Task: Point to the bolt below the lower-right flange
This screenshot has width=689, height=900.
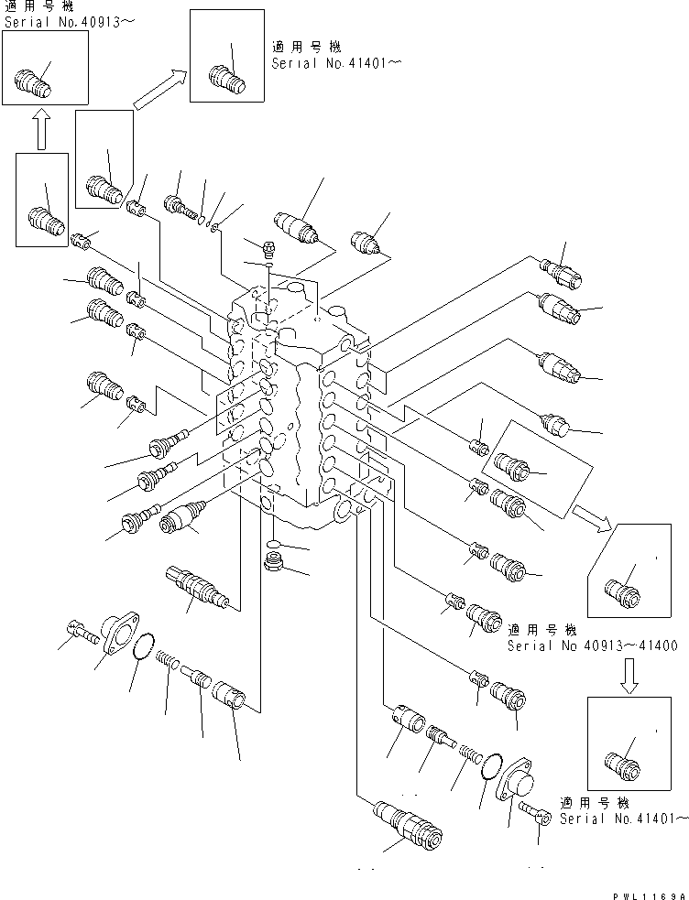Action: (531, 810)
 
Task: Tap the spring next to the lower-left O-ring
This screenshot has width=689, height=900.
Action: (165, 658)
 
